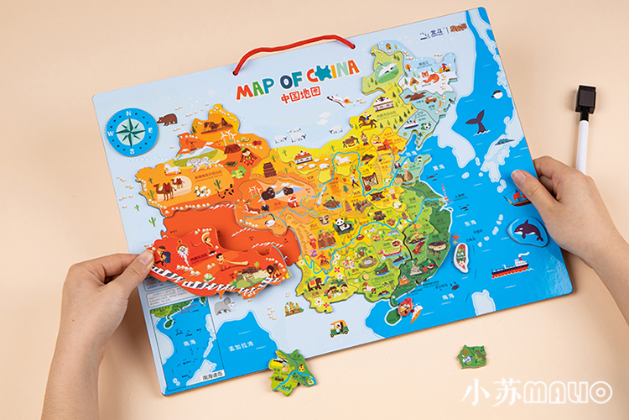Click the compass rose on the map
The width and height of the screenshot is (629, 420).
click(131, 131)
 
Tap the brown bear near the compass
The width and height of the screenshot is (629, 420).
click(168, 119)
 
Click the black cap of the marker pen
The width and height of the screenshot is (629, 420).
click(585, 100)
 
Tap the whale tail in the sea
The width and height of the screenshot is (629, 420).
click(478, 123)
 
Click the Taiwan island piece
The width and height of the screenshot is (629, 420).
click(460, 255)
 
